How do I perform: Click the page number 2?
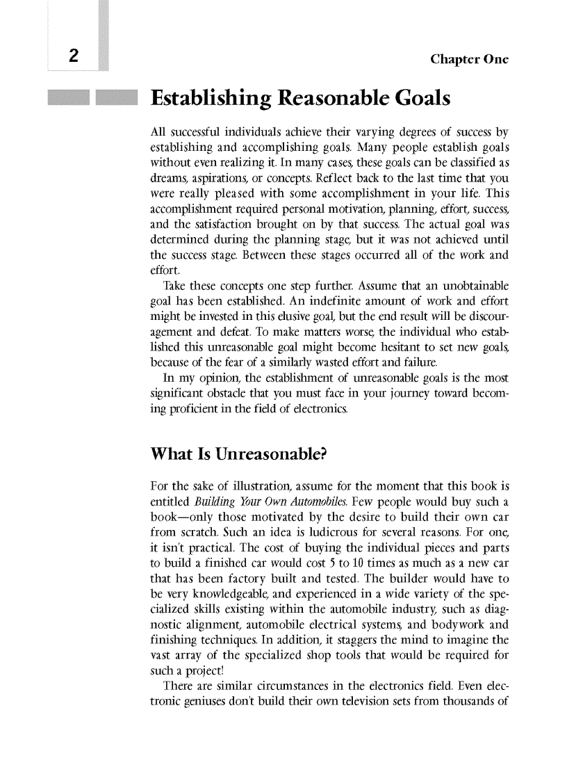[x=72, y=57]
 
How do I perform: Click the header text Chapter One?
[x=469, y=59]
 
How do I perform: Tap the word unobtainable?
[x=475, y=287]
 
